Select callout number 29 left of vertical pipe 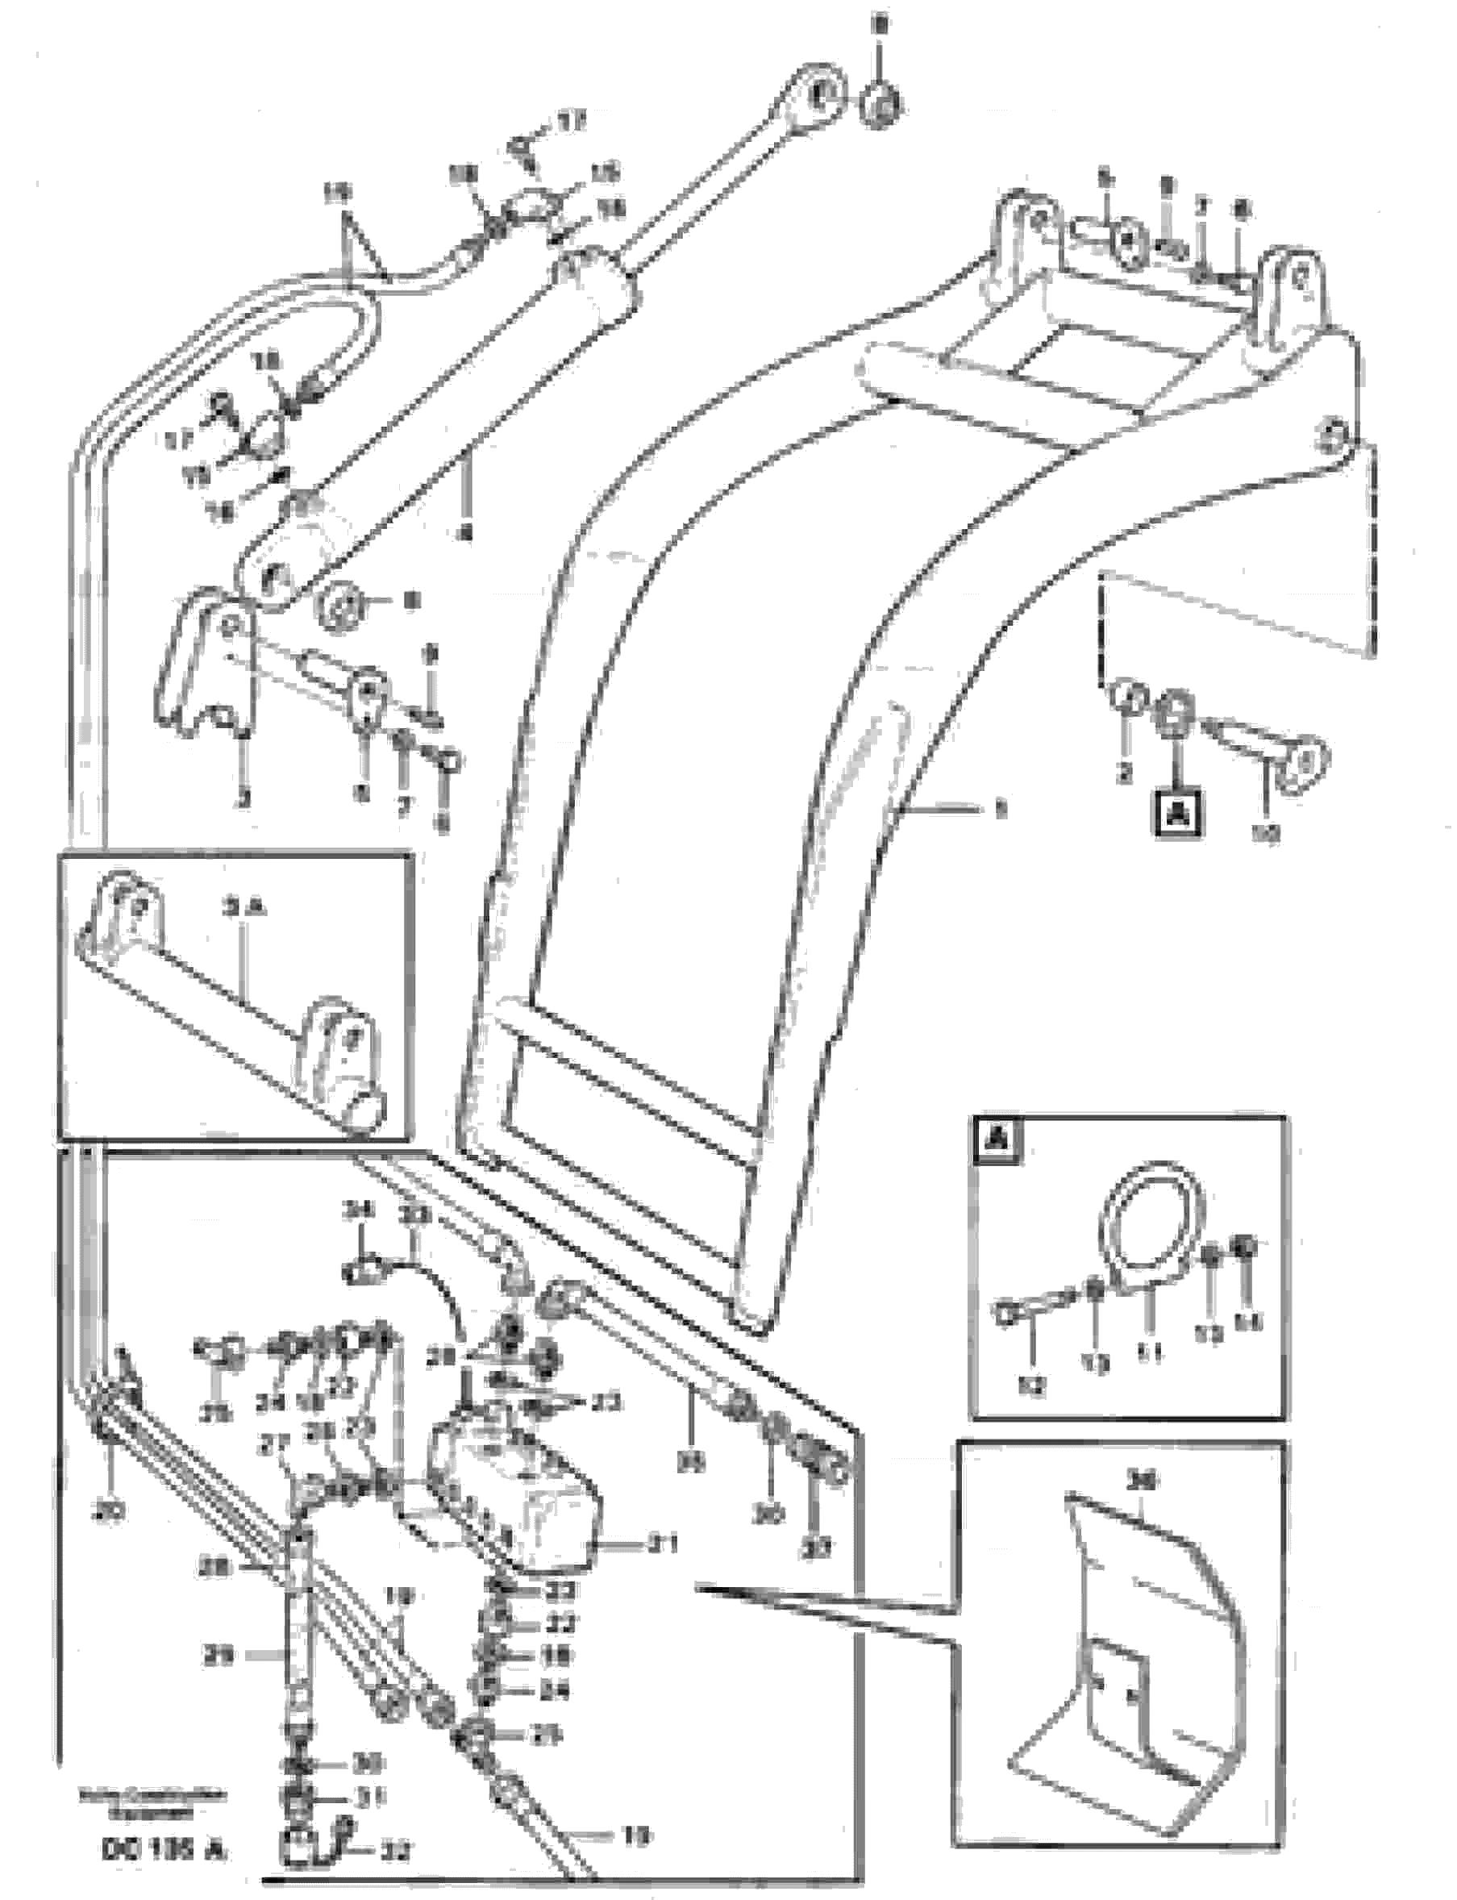point(218,1657)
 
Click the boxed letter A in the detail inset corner point(998,1141)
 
